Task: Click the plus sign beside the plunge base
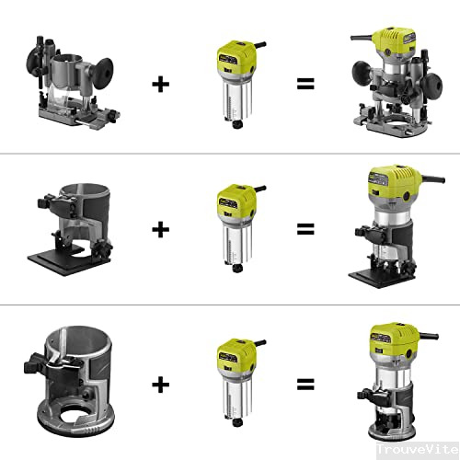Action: coord(161,84)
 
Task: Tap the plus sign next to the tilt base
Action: coord(161,228)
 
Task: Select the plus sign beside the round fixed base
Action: coord(161,384)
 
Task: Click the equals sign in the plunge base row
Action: coord(305,84)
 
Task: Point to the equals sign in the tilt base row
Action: coord(305,228)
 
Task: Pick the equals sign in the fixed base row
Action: coord(305,384)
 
